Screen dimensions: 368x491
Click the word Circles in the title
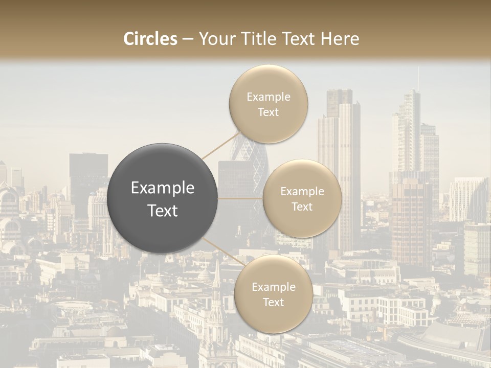coord(150,39)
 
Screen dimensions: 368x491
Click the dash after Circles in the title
coord(188,39)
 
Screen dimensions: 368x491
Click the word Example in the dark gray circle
coord(163,188)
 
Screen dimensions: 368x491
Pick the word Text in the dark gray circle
coord(163,211)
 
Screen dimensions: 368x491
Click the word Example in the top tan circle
coord(268,97)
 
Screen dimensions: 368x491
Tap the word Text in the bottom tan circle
coord(273,303)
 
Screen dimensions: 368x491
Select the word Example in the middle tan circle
coord(302,192)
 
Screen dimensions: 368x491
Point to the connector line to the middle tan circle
coord(240,198)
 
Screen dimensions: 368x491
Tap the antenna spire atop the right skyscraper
coord(418,79)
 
